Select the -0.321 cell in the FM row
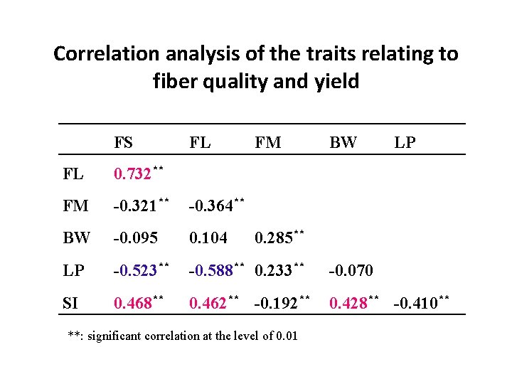coord(136,207)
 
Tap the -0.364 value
coord(210,207)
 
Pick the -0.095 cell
coord(136,239)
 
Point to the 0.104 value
coord(207,239)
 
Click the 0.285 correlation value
coord(273,239)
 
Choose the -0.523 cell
coord(136,271)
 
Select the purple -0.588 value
coord(210,271)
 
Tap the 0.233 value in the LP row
coord(273,271)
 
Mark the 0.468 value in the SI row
coord(134,304)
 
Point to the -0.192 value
coord(275,304)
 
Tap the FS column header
coord(123,142)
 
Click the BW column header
coord(343,142)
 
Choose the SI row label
coord(70,304)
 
